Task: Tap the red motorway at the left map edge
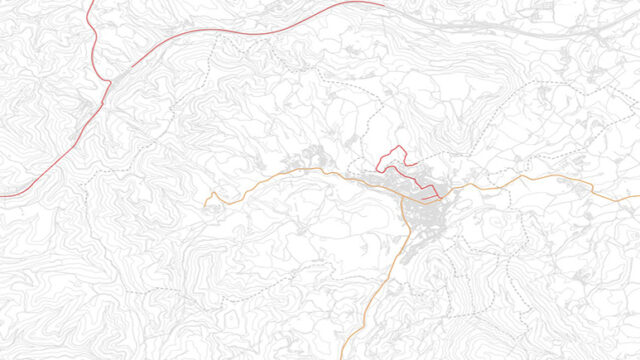tap(3, 195)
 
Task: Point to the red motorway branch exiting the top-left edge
tap(90, 3)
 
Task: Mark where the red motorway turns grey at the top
tap(384, 4)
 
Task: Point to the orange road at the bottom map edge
tap(342, 357)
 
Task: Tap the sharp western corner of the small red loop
tap(376, 165)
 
